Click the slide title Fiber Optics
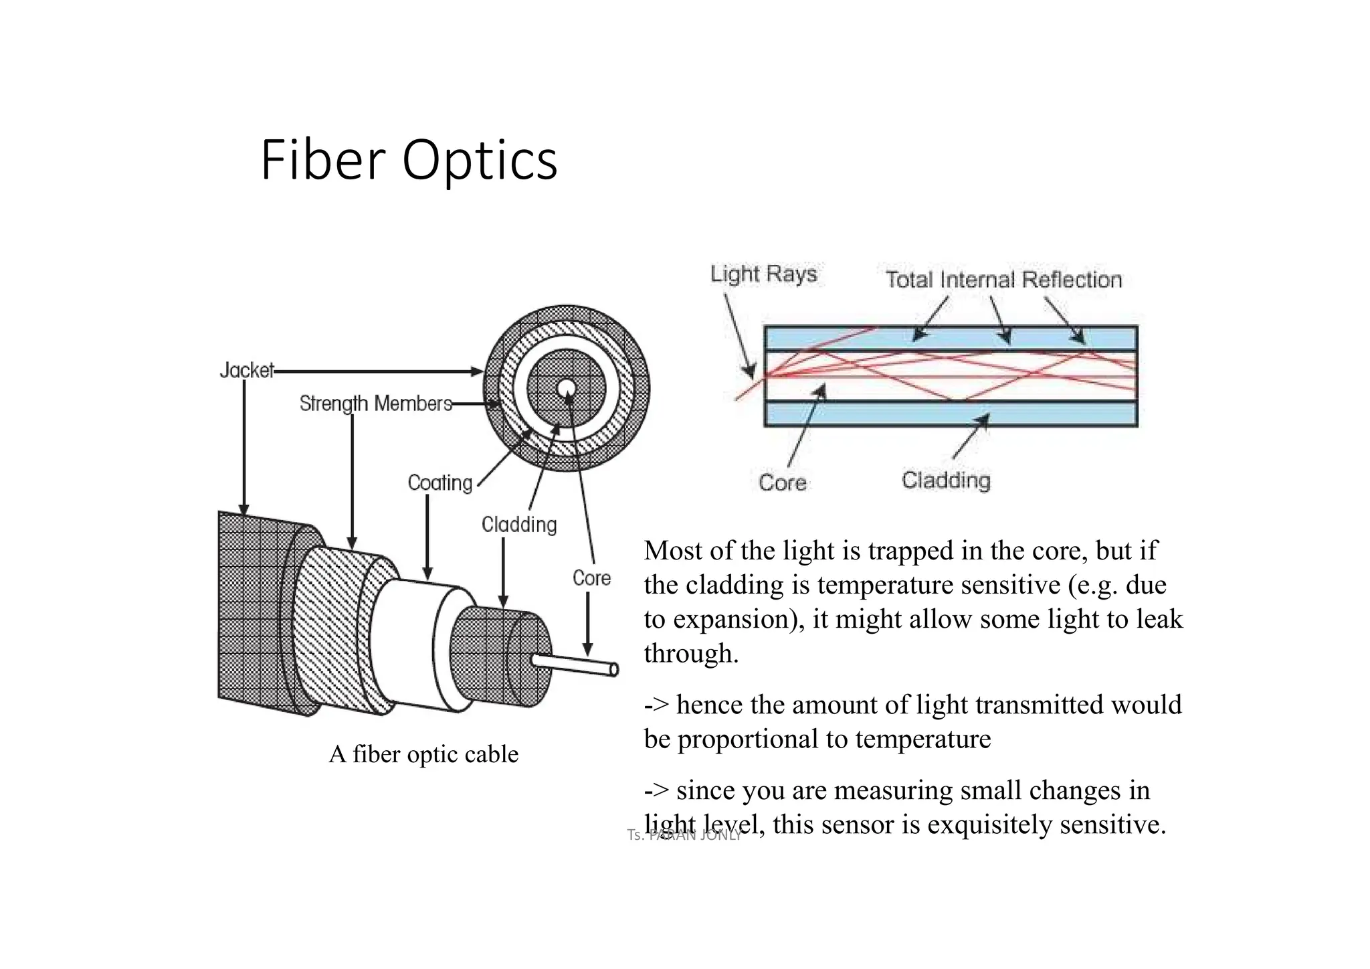409,161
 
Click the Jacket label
246,370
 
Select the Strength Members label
375,404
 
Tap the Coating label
439,482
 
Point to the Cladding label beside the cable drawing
519,525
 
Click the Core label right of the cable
591,578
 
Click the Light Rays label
763,274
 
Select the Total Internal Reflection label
1003,280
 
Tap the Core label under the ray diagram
782,482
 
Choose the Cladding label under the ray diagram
946,480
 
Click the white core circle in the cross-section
566,388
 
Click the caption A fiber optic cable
423,754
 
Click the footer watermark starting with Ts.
684,835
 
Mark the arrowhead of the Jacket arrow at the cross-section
478,371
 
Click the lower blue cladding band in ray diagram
950,414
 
